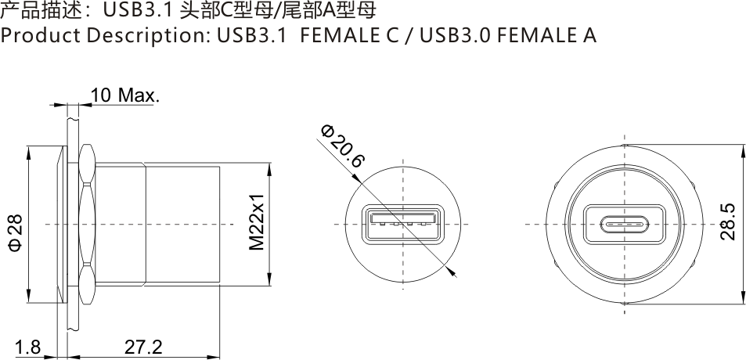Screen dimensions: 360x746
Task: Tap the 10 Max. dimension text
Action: (x=125, y=96)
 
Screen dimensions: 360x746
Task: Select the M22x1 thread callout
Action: (x=257, y=222)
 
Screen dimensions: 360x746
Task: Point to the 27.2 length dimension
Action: (x=143, y=347)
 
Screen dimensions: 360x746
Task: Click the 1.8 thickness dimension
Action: (x=27, y=347)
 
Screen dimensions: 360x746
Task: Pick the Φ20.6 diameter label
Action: (x=343, y=146)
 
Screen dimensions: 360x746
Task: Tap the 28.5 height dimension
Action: (x=727, y=221)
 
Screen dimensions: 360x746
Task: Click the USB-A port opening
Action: (x=402, y=224)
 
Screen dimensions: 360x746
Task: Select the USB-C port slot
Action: (x=623, y=225)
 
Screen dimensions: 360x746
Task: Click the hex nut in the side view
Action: (x=87, y=225)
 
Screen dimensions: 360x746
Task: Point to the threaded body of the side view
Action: (x=180, y=225)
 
